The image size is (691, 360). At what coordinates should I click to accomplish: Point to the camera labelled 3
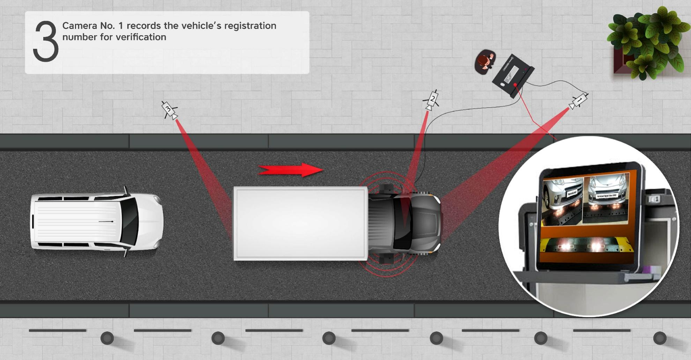(x=169, y=110)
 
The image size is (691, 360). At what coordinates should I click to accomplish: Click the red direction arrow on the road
(x=290, y=170)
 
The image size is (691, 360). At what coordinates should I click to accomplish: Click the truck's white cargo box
(x=300, y=223)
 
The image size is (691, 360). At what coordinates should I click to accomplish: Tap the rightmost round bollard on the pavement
(x=660, y=338)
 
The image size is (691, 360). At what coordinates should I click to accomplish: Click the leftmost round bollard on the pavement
(x=107, y=338)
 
